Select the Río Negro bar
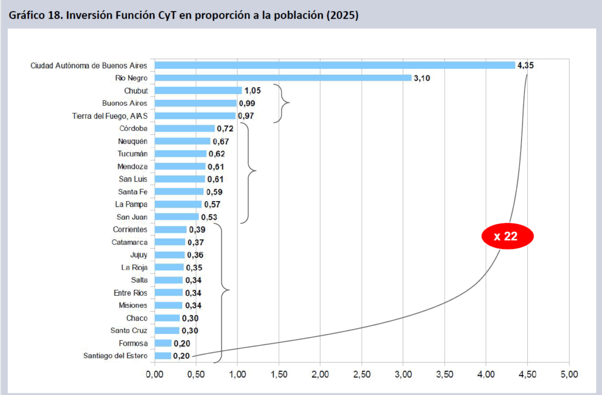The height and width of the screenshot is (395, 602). (x=282, y=78)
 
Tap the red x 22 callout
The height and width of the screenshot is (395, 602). (x=507, y=236)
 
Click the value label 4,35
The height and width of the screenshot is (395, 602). (x=526, y=65)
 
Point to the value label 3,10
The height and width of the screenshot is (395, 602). (x=422, y=78)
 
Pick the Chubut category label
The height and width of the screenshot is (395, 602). (x=136, y=91)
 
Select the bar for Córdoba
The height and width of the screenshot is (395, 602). (x=184, y=128)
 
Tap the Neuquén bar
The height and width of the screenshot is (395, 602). (x=182, y=141)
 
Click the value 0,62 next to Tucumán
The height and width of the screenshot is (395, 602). (x=216, y=154)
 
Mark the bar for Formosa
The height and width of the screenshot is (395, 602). (x=163, y=343)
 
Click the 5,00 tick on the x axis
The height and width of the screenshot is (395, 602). (x=569, y=373)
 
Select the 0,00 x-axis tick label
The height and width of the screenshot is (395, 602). (x=154, y=373)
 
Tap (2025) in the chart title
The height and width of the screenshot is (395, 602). (x=342, y=15)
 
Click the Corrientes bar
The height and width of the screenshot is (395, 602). (x=170, y=229)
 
